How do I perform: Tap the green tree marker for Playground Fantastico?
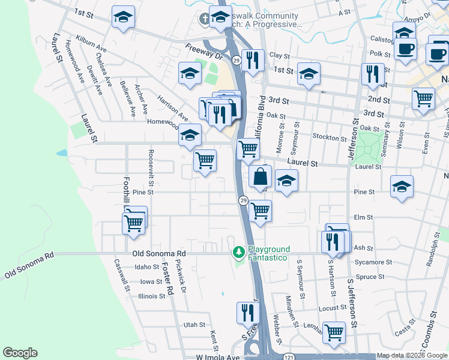[239, 251]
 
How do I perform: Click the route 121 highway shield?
[289, 356]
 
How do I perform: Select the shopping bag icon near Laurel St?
[261, 177]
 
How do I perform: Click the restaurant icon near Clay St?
[253, 59]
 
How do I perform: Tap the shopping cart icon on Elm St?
[260, 211]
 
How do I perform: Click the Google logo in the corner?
[20, 353]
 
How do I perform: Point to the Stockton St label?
[326, 137]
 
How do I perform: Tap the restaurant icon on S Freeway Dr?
[247, 312]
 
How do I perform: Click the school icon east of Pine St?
[402, 186]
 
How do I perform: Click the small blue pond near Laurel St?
[62, 152]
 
